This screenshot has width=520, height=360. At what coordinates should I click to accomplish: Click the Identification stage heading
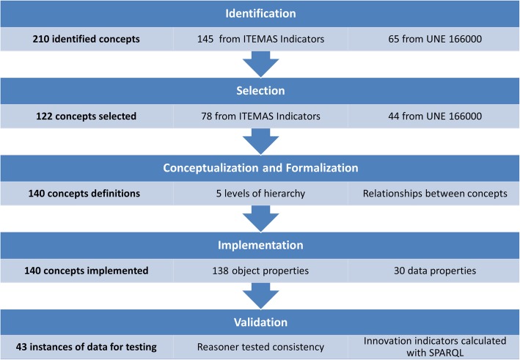(x=260, y=15)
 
